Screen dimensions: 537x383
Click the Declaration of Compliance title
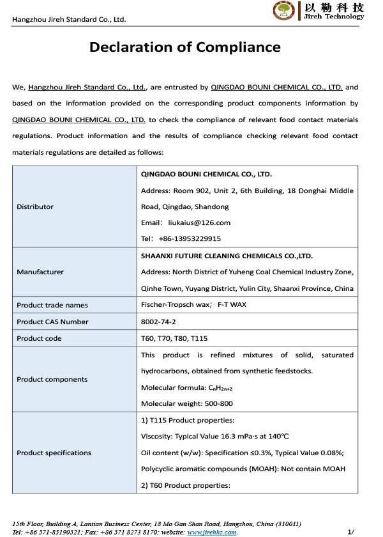point(184,47)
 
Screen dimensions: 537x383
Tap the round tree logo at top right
point(284,11)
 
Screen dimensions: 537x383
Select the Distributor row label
point(35,206)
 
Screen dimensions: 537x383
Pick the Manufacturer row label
point(40,272)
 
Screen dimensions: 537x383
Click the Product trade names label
point(52,305)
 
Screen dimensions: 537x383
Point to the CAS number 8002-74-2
point(159,322)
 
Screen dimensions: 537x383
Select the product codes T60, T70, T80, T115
point(174,338)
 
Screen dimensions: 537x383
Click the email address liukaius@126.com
point(199,222)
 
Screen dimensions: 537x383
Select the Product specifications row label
point(54,453)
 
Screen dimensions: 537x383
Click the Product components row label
point(52,379)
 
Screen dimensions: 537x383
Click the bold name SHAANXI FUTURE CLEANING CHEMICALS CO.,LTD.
point(227,255)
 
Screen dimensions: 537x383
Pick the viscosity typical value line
point(214,437)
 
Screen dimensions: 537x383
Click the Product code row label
point(39,338)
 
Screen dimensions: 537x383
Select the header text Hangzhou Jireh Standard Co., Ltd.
point(69,19)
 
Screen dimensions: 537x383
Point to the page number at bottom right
point(350,531)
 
